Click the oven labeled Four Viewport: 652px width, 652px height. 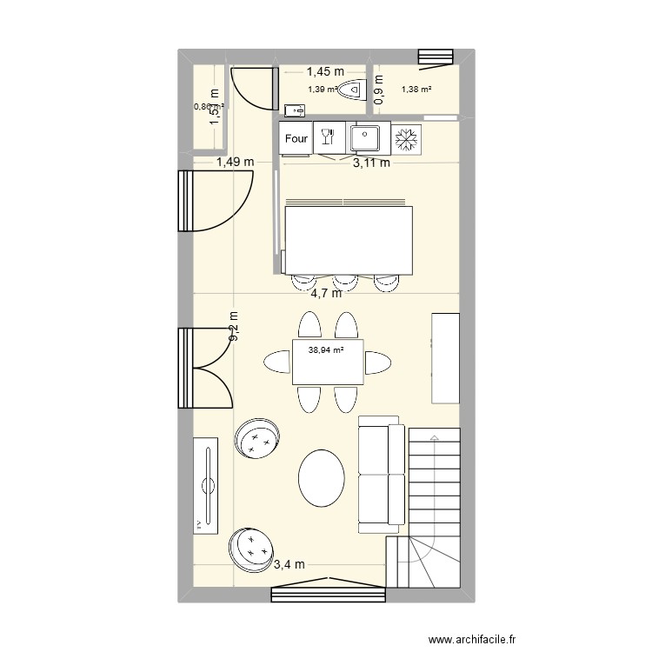(x=296, y=138)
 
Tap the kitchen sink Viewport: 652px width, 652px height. (x=363, y=137)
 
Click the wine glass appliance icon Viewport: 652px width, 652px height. (x=329, y=137)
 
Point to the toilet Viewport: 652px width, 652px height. (x=353, y=90)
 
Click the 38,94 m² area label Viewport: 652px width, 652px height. (x=326, y=350)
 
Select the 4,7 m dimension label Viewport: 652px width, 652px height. (x=326, y=293)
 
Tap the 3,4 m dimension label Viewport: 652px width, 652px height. (x=289, y=564)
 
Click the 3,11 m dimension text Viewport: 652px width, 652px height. (x=371, y=161)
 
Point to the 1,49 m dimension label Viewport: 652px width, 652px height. (x=236, y=161)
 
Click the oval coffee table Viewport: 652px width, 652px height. (x=322, y=477)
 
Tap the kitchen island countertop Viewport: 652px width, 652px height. (x=348, y=239)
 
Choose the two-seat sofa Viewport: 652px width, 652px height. (x=381, y=474)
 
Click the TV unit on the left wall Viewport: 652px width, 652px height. (x=206, y=485)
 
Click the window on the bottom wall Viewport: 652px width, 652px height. (x=328, y=593)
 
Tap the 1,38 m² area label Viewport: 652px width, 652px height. (x=416, y=89)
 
